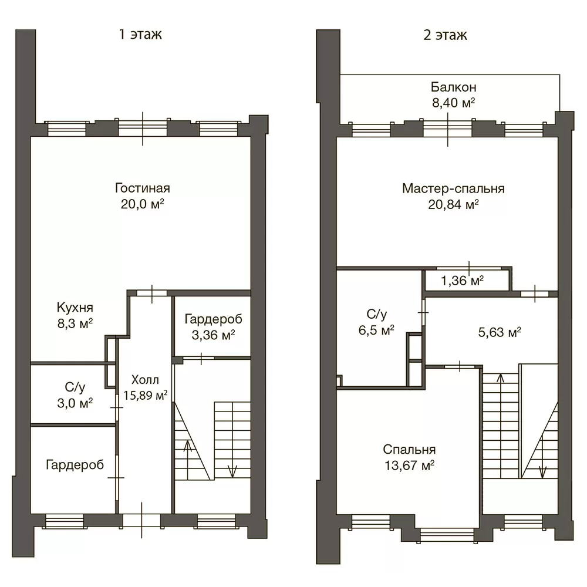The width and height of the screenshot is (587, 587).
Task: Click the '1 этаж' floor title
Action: pyautogui.click(x=140, y=35)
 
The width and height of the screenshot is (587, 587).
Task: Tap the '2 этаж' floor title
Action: pyautogui.click(x=445, y=35)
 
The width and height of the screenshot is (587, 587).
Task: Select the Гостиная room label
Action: pyautogui.click(x=142, y=188)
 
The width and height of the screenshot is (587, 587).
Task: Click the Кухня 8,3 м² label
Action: pyautogui.click(x=75, y=315)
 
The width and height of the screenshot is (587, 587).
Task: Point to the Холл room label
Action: pyautogui.click(x=145, y=380)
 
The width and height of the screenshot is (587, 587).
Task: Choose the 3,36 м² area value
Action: pyautogui.click(x=214, y=335)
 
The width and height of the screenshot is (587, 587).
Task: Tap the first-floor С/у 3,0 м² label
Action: pyautogui.click(x=75, y=395)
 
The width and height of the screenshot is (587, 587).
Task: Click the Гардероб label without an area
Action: pyautogui.click(x=75, y=465)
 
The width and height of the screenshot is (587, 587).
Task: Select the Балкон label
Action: pyautogui.click(x=453, y=87)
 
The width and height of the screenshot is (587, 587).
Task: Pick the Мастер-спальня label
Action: pyautogui.click(x=453, y=188)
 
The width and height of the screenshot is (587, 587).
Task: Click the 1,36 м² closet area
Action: pyautogui.click(x=462, y=281)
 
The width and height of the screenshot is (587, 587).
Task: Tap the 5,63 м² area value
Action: pyautogui.click(x=500, y=332)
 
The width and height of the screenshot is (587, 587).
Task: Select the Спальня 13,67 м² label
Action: pyautogui.click(x=409, y=457)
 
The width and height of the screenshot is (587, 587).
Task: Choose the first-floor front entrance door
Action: pyautogui.click(x=141, y=521)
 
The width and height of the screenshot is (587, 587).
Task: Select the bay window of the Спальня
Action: pyautogui.click(x=447, y=535)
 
